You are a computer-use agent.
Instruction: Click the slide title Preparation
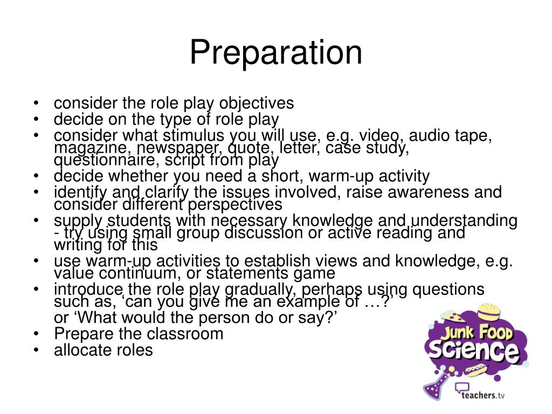[275, 53]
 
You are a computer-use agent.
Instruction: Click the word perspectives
[233, 205]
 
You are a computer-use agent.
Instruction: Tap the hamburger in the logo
[493, 313]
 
